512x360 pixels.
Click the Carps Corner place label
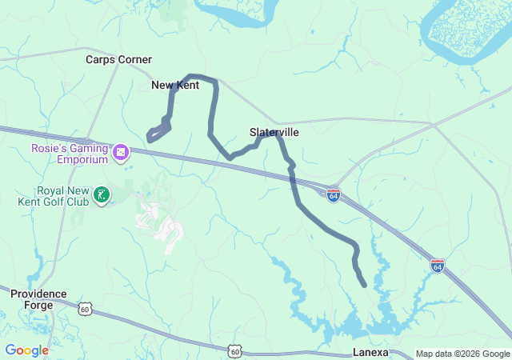[118, 59]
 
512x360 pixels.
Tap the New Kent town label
[175, 85]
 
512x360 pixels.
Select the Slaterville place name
[274, 131]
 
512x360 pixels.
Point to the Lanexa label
[370, 352]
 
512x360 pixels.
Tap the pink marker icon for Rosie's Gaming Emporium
[121, 151]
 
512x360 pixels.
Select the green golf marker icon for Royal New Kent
[102, 194]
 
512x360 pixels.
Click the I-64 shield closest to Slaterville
[334, 194]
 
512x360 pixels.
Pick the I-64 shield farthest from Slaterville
[437, 265]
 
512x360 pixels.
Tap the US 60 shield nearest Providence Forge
[86, 307]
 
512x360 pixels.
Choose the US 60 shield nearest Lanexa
[234, 350]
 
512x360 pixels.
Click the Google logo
[26, 350]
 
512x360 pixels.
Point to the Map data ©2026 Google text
[462, 354]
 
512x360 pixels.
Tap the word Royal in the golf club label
[53, 190]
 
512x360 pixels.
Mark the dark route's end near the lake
[365, 285]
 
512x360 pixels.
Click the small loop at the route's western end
[157, 131]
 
